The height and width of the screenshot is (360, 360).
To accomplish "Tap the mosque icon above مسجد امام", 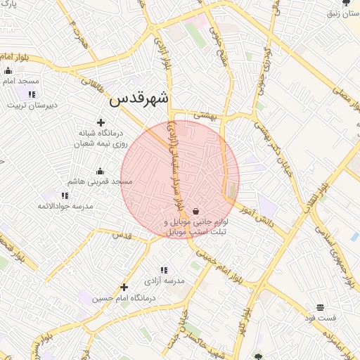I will pyautogui.click(x=8, y=70).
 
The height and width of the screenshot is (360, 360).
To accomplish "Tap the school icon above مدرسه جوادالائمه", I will pyautogui.click(x=65, y=195).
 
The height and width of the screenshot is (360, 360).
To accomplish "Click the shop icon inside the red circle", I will pyautogui.click(x=195, y=211).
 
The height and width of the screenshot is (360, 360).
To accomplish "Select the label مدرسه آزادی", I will pyautogui.click(x=164, y=281).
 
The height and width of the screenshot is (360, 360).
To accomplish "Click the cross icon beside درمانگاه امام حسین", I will pyautogui.click(x=124, y=287).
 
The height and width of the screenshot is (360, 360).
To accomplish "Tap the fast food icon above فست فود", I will pyautogui.click(x=320, y=307).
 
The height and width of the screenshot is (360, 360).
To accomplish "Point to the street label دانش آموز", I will pyautogui.click(x=255, y=215).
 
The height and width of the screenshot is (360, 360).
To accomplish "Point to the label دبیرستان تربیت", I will pyautogui.click(x=31, y=105).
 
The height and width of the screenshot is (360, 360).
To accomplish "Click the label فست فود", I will pyautogui.click(x=321, y=318).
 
